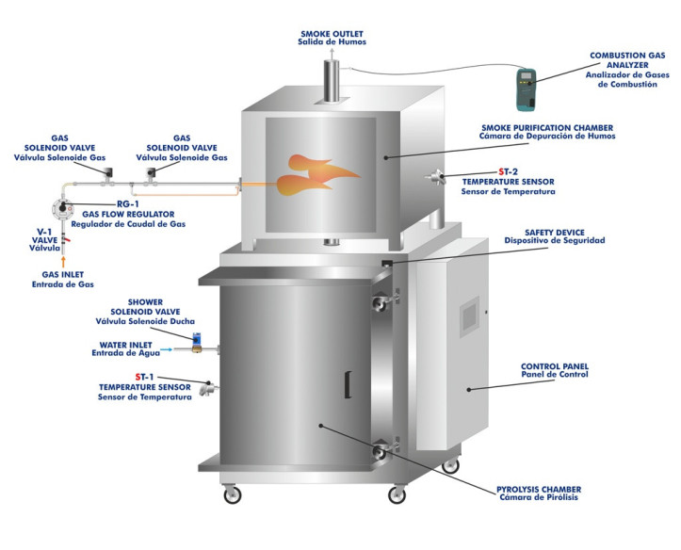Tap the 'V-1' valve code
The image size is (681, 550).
click(43, 231)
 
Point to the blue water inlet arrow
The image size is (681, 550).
click(167, 349)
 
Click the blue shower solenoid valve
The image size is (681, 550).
click(196, 338)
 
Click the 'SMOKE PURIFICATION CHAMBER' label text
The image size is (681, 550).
click(546, 126)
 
